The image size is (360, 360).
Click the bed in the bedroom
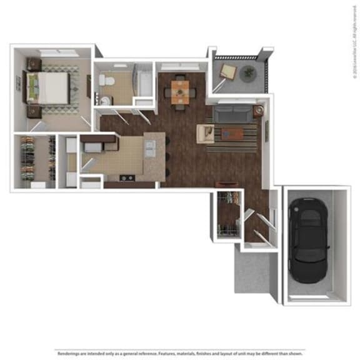point(53,87)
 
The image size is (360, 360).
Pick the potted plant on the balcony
point(249,72)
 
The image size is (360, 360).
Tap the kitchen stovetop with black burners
point(127,177)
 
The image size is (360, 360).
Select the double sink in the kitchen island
point(150,147)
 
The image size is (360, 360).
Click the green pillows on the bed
point(38,87)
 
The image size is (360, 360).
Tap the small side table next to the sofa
point(257,112)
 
